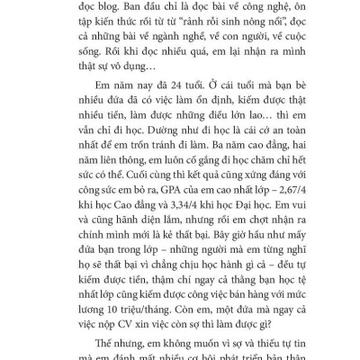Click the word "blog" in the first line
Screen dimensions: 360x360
point(131,6)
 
